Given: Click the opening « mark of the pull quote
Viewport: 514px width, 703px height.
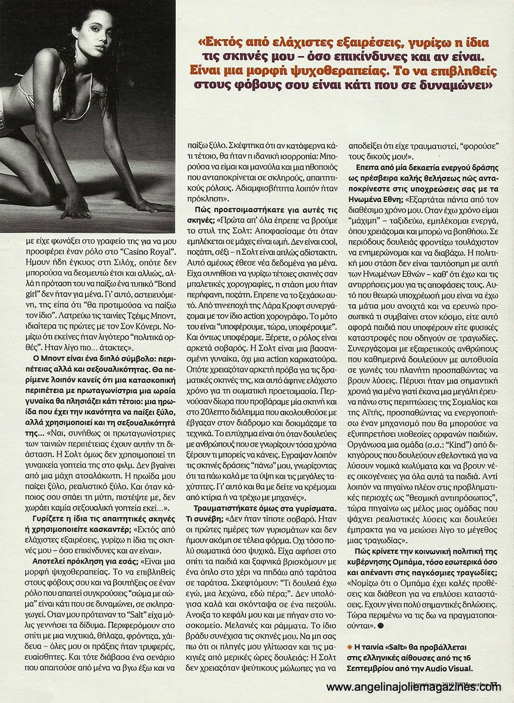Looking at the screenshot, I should (x=203, y=44).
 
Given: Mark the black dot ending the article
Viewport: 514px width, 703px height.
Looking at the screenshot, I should (x=382, y=625).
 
